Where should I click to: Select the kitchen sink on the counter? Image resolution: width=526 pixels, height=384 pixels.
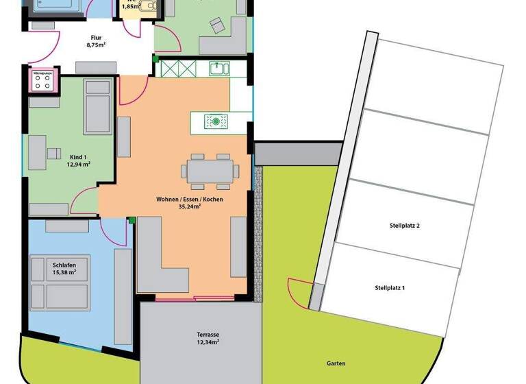(219, 68)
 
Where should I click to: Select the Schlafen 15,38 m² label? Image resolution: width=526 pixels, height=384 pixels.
(64, 269)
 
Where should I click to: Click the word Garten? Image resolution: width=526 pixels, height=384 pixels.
(336, 363)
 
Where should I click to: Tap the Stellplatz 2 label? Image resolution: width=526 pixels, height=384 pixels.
(404, 226)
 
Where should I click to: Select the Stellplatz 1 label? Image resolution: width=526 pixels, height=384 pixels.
(390, 288)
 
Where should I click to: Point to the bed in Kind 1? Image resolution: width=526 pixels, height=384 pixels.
(98, 106)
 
